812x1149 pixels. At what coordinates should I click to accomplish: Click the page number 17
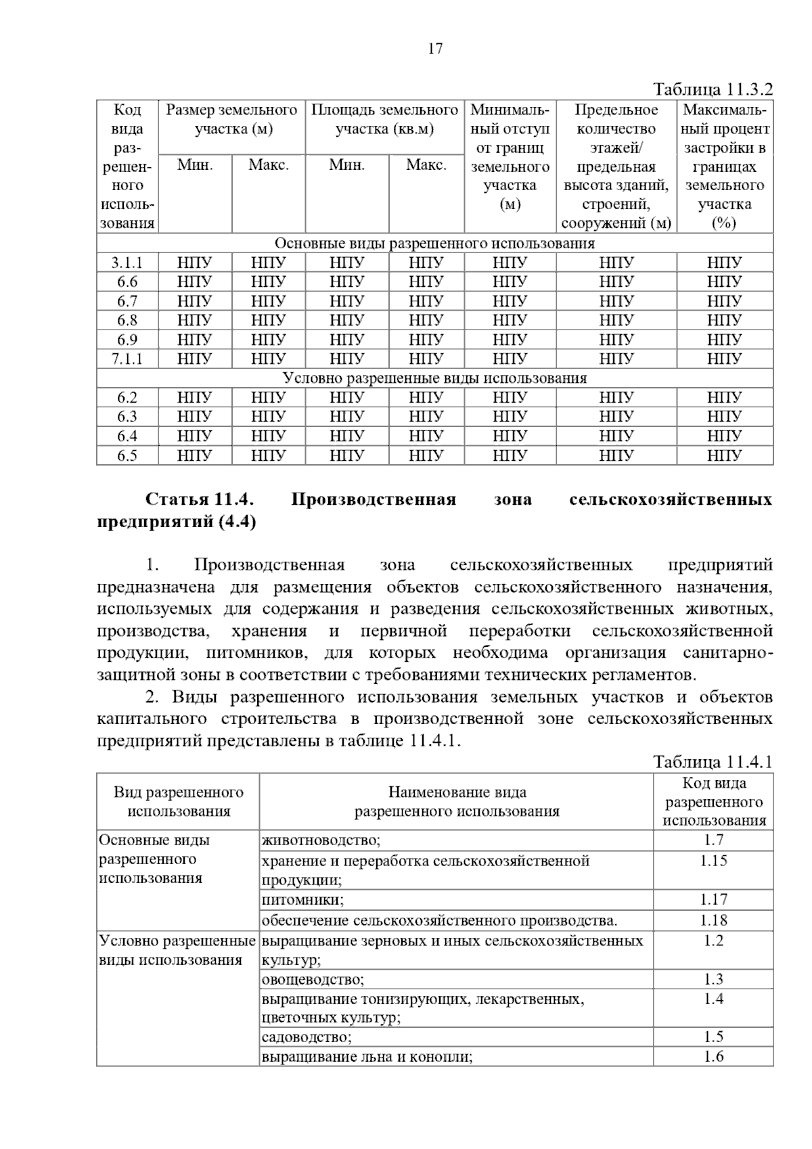(435, 49)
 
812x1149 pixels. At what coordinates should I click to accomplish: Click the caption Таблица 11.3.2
(713, 89)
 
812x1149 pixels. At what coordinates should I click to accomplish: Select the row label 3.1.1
(127, 263)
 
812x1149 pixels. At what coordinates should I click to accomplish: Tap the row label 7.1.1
(127, 359)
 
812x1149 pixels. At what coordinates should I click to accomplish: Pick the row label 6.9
(127, 340)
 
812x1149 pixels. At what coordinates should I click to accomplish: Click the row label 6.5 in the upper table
(127, 455)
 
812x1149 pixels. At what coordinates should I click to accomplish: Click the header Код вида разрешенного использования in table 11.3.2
(127, 166)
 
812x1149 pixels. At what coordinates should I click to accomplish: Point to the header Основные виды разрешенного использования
(434, 244)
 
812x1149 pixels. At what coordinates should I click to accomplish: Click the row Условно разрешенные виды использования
(434, 378)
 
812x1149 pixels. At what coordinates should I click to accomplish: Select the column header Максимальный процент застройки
(725, 166)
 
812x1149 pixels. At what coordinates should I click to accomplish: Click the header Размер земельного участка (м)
(232, 119)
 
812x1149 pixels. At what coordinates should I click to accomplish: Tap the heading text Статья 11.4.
(200, 500)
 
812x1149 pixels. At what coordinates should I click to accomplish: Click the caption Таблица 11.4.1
(713, 762)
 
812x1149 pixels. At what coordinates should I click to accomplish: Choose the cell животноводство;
(321, 840)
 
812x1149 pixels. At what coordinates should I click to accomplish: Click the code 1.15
(713, 861)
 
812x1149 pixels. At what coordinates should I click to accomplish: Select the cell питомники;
(302, 899)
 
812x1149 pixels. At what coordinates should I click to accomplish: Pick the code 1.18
(713, 920)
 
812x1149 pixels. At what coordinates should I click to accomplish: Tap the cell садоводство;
(307, 1037)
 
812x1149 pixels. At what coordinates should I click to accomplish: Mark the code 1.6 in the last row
(713, 1056)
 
